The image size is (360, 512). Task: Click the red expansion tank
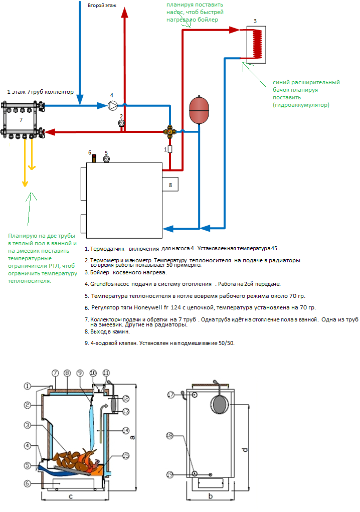pos(199,110)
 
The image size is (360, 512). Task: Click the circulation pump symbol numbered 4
pos(112,105)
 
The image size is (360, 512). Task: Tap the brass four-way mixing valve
pos(169,131)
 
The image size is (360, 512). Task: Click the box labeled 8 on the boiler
pos(170,185)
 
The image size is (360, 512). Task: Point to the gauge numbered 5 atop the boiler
pos(106,159)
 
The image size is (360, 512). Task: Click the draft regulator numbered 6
pos(94,158)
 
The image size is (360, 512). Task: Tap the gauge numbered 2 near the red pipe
pos(121,123)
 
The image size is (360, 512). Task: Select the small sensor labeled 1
pos(169,149)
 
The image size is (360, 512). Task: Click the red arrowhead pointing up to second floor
pos(124,13)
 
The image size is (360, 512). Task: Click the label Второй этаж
pos(102,6)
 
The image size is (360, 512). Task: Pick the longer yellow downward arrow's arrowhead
pos(25,184)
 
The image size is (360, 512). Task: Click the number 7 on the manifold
pos(21,120)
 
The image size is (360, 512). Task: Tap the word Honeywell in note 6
pos(148,307)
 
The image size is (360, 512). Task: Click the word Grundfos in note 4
pos(102,284)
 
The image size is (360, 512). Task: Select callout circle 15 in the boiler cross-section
pos(126,455)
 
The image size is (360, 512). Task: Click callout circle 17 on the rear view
pos(170,395)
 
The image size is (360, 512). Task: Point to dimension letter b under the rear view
pos(211,496)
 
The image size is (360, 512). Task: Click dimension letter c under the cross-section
pos(71,497)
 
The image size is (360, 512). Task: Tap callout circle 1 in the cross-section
pos(28,386)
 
